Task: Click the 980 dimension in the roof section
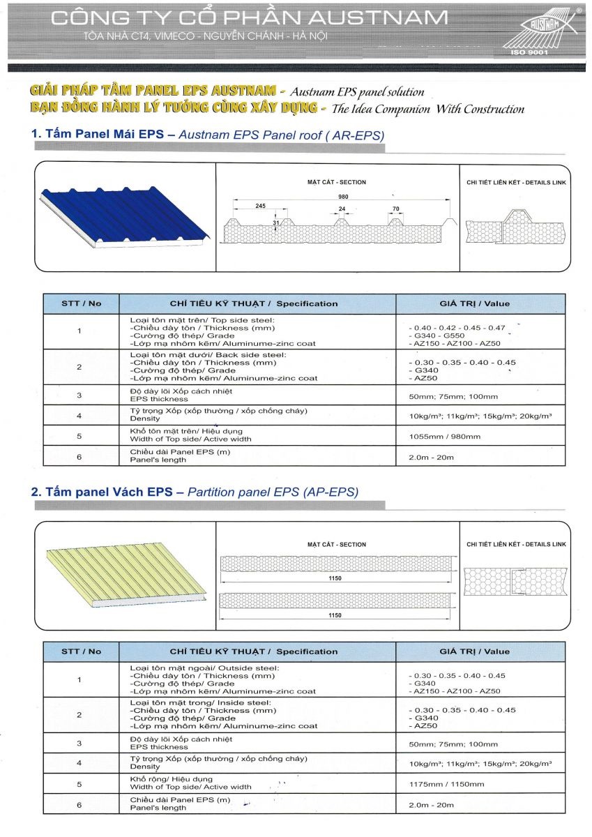[x=343, y=197]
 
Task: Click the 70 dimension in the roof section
[x=395, y=208]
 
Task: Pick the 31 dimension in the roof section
[x=276, y=223]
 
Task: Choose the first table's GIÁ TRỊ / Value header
[x=474, y=303]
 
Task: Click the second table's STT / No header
[x=81, y=651]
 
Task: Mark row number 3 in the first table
[x=79, y=395]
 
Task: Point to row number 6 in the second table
[x=79, y=804]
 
